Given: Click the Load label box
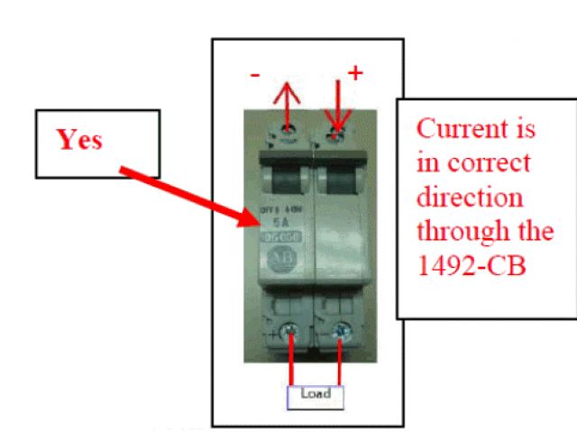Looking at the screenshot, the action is pyautogui.click(x=315, y=394).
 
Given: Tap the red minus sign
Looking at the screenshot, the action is pyautogui.click(x=256, y=78).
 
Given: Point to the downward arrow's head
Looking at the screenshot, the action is pyautogui.click(x=339, y=125).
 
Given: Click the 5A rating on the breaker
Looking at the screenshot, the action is pyautogui.click(x=279, y=218).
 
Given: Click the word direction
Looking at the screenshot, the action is pyautogui.click(x=469, y=198).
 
